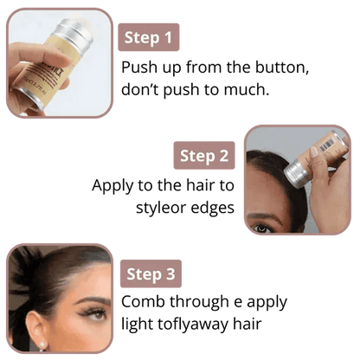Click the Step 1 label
(x=149, y=37)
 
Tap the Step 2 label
(x=204, y=156)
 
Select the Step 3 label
(x=151, y=273)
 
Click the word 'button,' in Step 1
(x=281, y=67)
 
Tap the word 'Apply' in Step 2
(x=112, y=186)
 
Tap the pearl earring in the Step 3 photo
(x=42, y=344)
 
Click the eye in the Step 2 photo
(x=262, y=228)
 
